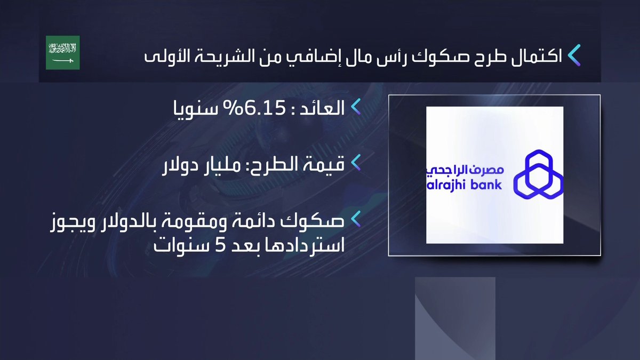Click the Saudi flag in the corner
(x=62, y=52)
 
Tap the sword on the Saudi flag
(x=62, y=60)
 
